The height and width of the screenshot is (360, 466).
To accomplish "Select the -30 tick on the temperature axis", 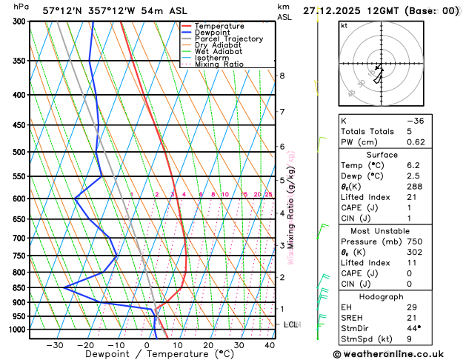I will click(x=54, y=345).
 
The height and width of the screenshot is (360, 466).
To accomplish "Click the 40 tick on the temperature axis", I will click(x=270, y=345).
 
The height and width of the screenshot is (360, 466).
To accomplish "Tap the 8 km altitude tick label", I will click(x=282, y=76).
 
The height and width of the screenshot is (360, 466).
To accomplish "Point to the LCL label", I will click(x=291, y=324).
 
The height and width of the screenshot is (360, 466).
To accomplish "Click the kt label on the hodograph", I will click(x=344, y=25).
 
